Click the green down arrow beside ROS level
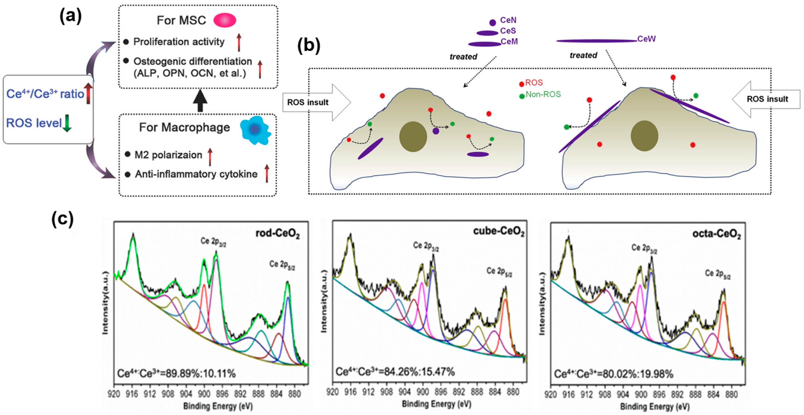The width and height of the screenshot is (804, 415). tap(67, 123)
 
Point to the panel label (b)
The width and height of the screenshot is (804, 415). tap(308, 46)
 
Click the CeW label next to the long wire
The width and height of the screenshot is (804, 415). tap(646, 39)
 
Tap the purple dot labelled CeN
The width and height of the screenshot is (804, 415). tap(493, 22)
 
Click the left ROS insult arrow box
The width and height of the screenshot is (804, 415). tap(315, 102)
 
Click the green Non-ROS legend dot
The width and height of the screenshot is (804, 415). tap(522, 96)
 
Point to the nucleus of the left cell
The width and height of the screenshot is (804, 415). tap(413, 137)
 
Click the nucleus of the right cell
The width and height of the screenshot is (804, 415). tap(644, 136)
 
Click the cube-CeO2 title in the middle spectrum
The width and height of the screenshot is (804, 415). tap(498, 232)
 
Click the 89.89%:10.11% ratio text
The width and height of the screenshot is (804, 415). tap(176, 373)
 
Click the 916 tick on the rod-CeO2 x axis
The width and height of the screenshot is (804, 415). tap(132, 394)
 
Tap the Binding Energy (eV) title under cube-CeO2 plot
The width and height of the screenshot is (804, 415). tap(436, 404)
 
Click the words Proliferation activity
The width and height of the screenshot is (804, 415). tap(179, 42)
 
